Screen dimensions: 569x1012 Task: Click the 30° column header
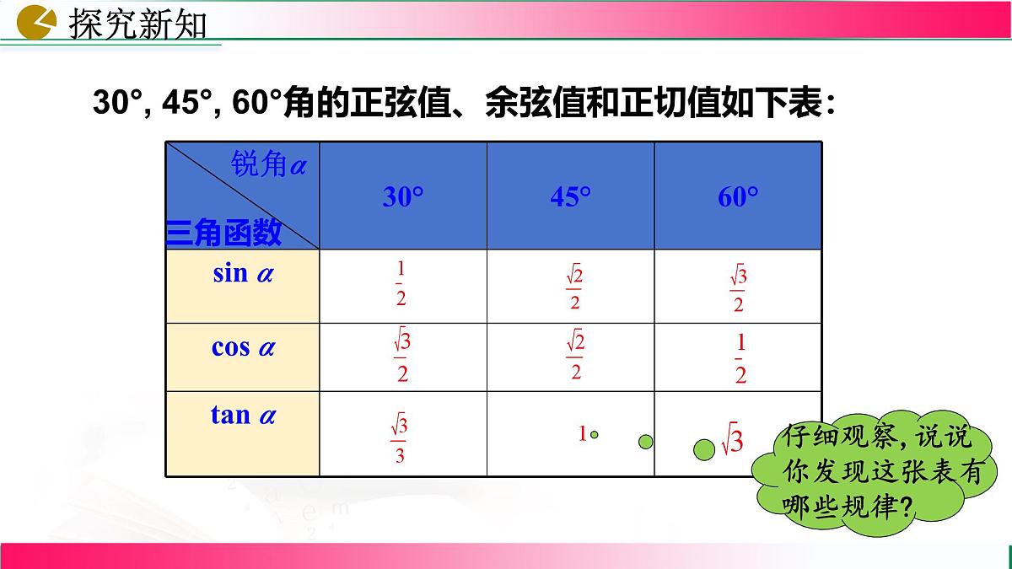coord(403,197)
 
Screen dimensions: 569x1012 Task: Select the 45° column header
coord(571,197)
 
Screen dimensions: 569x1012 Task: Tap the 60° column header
coord(739,197)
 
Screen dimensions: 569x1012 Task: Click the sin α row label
coord(243,273)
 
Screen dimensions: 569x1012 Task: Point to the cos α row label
coord(243,346)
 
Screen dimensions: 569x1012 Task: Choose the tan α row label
coord(243,415)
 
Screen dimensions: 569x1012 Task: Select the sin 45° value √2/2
coord(574,287)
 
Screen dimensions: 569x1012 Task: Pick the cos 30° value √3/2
coord(401,358)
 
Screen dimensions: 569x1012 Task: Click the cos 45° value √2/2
coord(574,356)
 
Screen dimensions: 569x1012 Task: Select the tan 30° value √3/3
coord(399,439)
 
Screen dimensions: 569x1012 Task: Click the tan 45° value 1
coord(582,435)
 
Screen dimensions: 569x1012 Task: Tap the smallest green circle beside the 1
coord(595,435)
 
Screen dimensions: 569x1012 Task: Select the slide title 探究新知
coord(137,23)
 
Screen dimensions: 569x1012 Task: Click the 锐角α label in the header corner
coord(268,166)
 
